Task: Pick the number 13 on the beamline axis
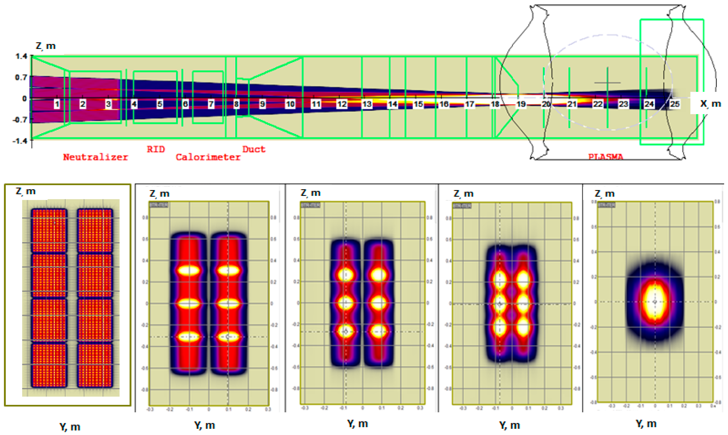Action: (x=367, y=104)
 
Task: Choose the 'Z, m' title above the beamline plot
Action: (x=45, y=46)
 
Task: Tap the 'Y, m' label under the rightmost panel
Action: (x=646, y=424)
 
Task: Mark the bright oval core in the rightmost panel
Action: (x=655, y=302)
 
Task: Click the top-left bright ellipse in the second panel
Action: (x=189, y=270)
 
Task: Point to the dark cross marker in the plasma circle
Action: (x=607, y=83)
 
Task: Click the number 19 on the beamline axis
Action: (x=521, y=104)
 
